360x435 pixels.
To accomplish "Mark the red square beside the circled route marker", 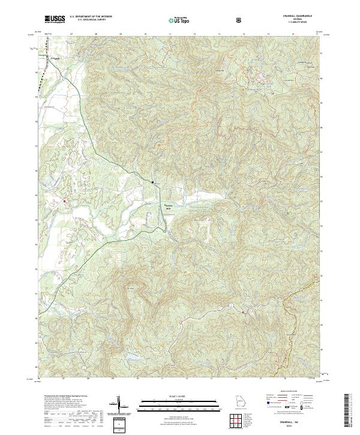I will (243, 311).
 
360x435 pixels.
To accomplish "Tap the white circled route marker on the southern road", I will (230, 306).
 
